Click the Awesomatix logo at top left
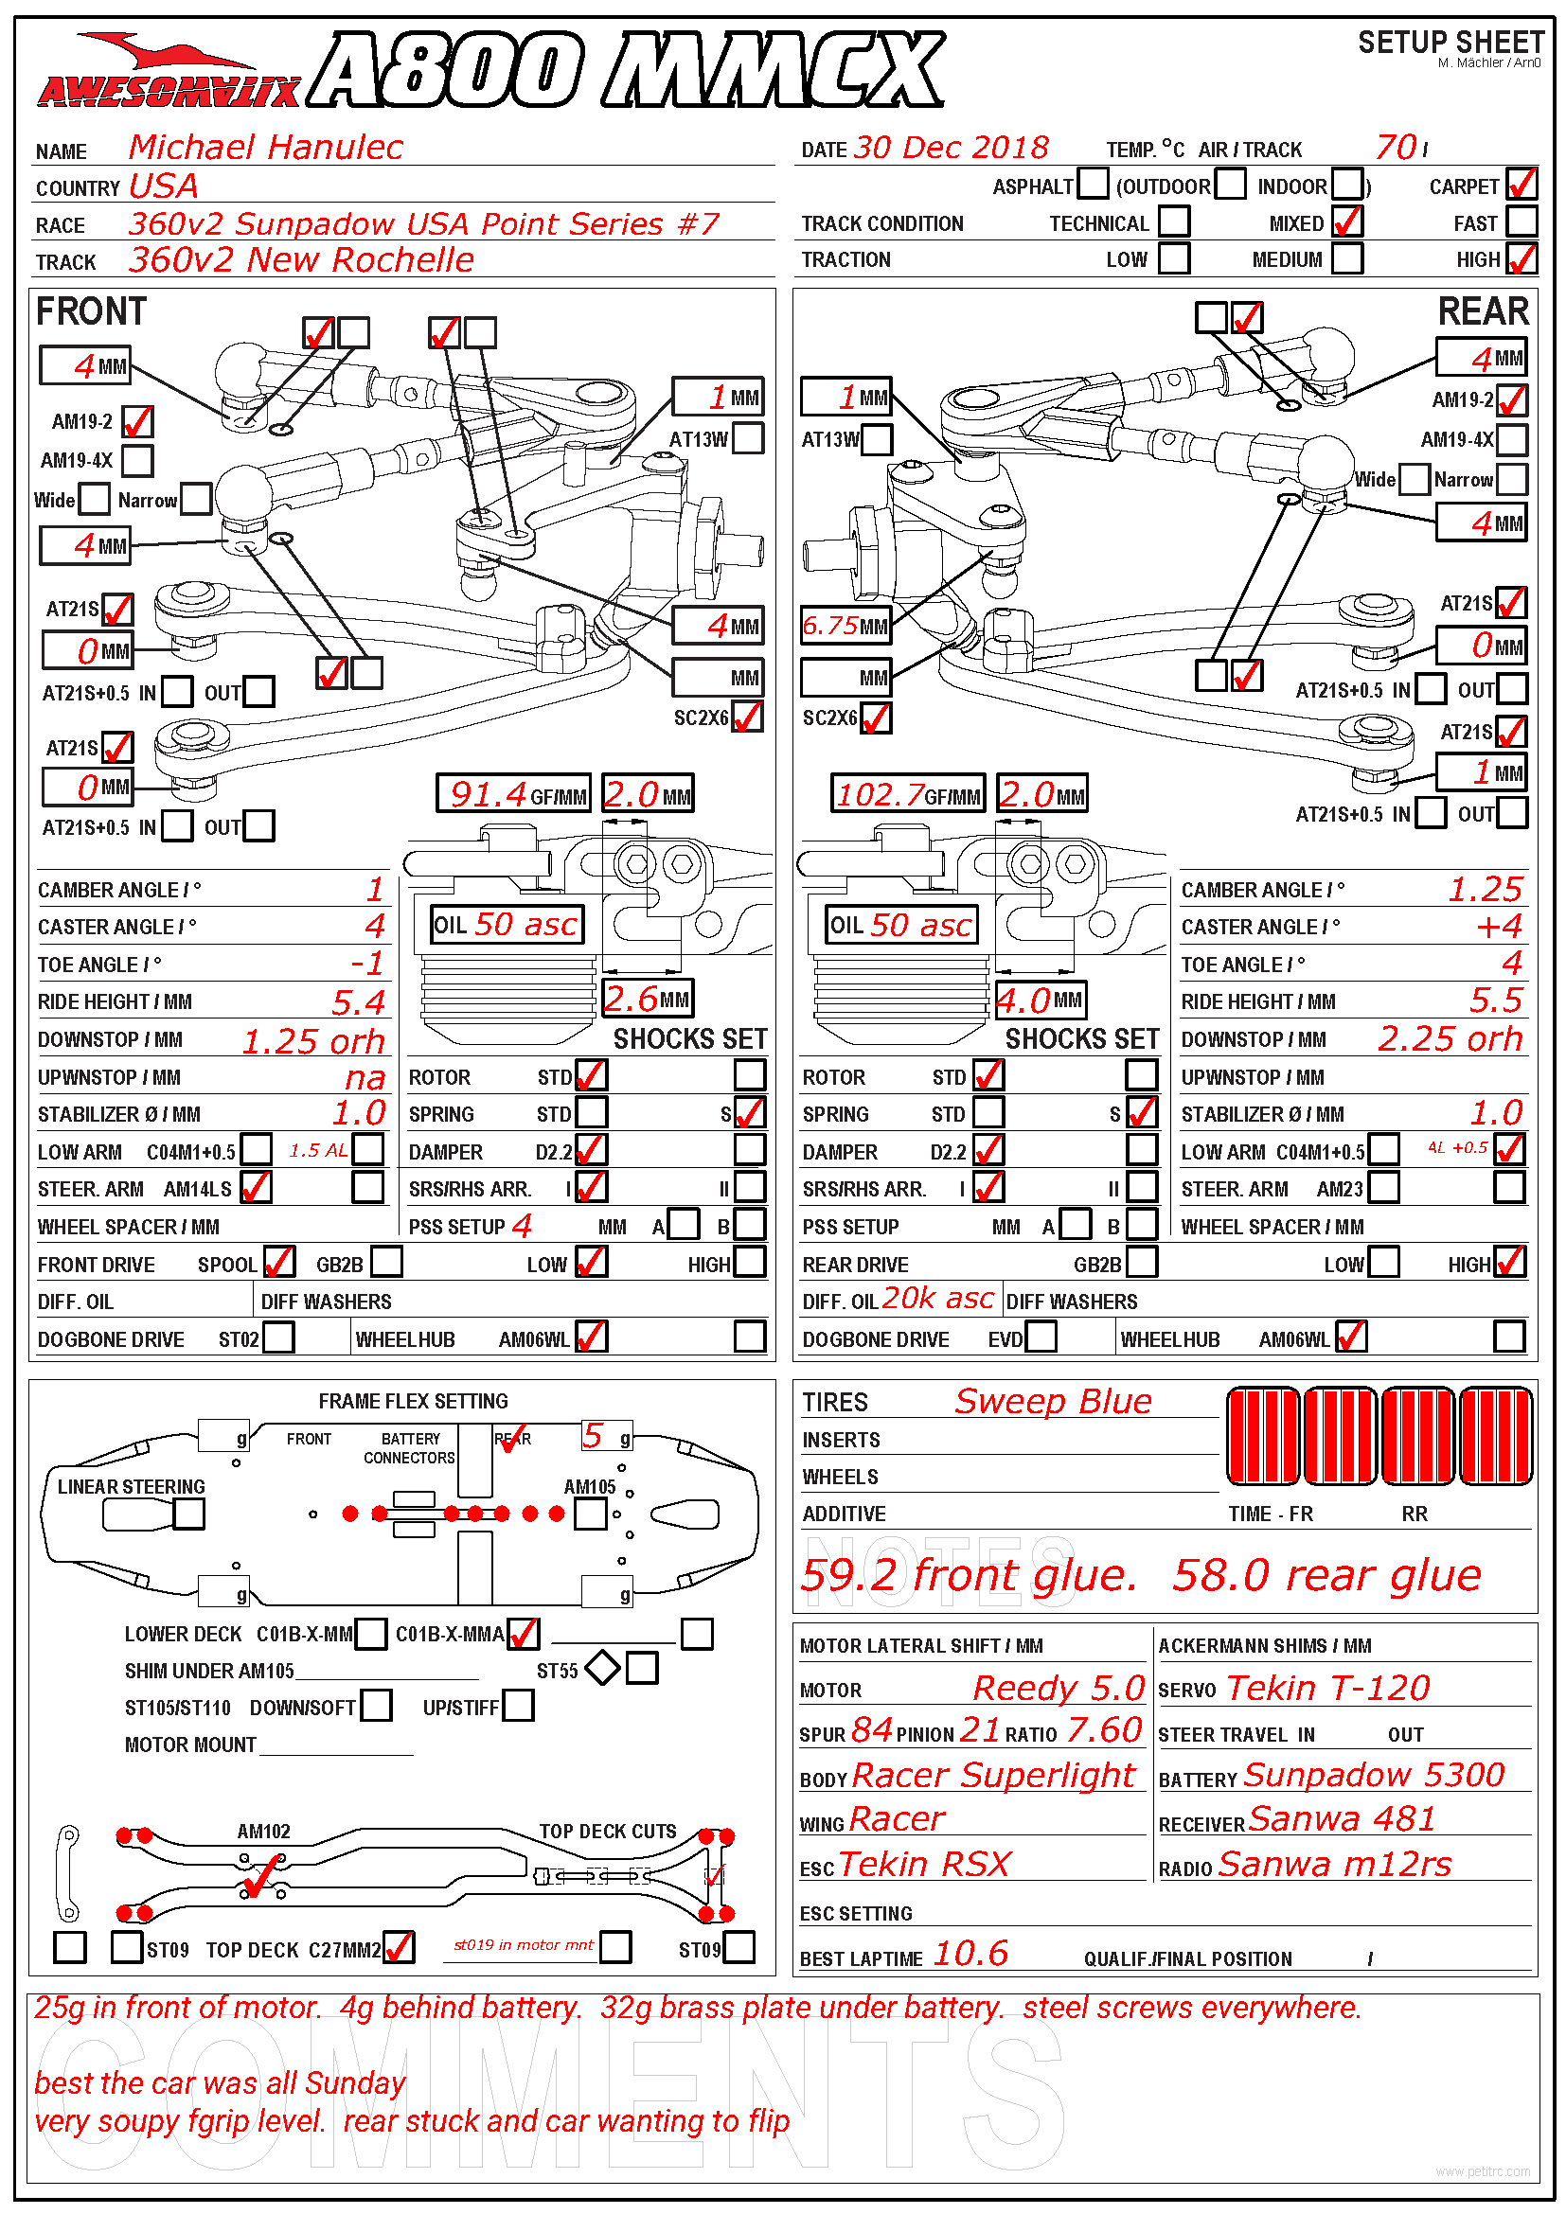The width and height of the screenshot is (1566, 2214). pos(169,72)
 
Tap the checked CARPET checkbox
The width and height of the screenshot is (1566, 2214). pos(1522,185)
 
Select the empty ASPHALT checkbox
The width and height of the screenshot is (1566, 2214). pos(1093,185)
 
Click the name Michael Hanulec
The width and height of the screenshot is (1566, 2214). pos(265,148)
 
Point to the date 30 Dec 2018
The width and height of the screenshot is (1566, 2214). pos(951,148)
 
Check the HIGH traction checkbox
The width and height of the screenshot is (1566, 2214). pos(1522,258)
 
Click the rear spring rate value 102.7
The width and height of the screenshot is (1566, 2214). pos(881,794)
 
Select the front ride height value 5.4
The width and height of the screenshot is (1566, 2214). pos(359,1002)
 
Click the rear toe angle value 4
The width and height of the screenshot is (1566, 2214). pos(1511,964)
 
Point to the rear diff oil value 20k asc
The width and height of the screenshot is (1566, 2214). pos(937,1299)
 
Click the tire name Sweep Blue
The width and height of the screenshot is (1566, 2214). pos(1053,1401)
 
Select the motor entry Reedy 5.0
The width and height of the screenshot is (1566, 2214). pos(1058,1689)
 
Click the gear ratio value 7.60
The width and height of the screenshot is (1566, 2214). pos(1104,1731)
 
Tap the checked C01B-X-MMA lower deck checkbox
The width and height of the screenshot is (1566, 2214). pos(524,1634)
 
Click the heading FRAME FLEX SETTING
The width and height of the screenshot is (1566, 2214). pos(413,1401)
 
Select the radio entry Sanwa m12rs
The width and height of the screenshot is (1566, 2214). pos(1335,1865)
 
